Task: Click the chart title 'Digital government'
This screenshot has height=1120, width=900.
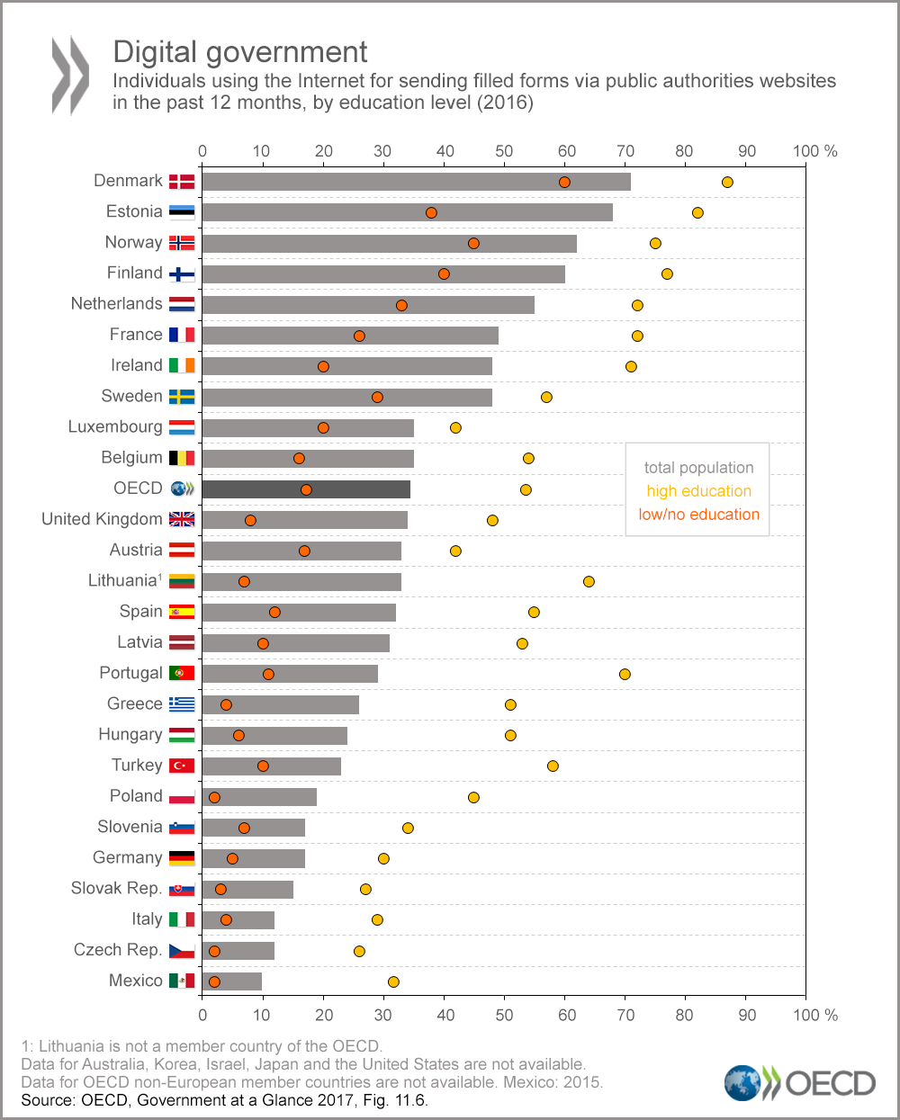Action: point(240,52)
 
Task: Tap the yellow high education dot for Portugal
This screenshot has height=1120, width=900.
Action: point(625,674)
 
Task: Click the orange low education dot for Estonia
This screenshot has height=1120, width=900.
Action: point(431,212)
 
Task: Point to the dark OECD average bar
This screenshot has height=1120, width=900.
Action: point(306,489)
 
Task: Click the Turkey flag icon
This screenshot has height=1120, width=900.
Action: point(182,766)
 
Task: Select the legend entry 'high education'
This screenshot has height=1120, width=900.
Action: point(698,491)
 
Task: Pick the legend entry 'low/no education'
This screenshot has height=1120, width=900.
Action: point(698,515)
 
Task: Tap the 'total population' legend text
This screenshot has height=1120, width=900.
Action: point(698,468)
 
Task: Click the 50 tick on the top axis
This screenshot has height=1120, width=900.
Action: point(504,151)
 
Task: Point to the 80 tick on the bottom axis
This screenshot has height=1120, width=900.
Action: point(685,1015)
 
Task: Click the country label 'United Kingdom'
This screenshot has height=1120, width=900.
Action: point(102,519)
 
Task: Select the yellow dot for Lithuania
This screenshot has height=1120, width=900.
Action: point(589,581)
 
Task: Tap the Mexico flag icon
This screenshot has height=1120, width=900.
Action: point(182,981)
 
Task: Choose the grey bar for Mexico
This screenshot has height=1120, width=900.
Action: point(232,981)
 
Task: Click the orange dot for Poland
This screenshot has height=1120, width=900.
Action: point(214,797)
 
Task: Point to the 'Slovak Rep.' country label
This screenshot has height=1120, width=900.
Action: point(116,889)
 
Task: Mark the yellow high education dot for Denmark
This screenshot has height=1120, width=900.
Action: point(727,182)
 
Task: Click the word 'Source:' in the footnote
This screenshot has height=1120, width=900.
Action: point(48,1099)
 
